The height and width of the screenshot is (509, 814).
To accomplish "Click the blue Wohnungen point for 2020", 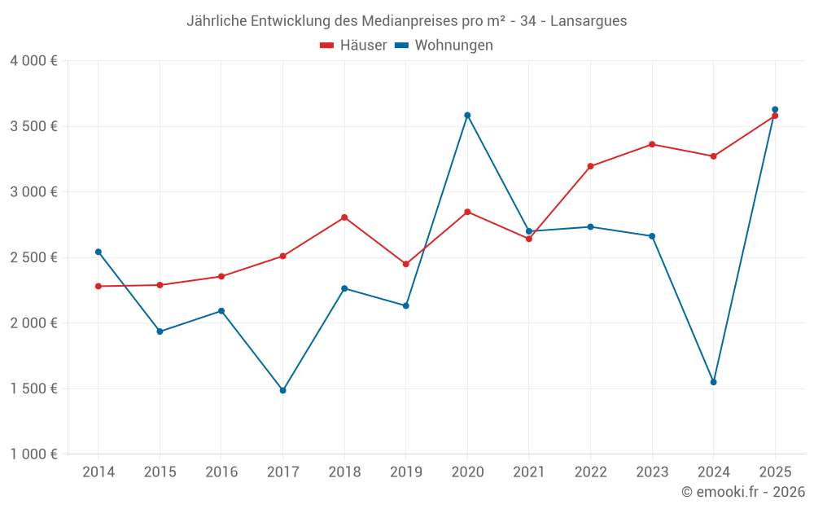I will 467,115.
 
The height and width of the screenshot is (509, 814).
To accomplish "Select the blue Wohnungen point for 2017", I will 282,390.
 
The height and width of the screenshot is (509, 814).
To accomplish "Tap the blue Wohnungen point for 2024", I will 713,382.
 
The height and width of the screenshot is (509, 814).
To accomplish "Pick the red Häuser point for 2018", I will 344,217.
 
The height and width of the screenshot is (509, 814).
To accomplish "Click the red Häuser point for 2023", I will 652,144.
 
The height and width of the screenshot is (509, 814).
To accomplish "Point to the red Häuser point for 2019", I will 405,264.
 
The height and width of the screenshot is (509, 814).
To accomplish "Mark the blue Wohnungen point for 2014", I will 98,252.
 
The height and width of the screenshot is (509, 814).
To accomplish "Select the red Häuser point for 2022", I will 590,166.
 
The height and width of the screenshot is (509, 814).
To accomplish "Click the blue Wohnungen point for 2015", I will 160,331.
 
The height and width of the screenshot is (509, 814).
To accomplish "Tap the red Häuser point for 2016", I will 221,276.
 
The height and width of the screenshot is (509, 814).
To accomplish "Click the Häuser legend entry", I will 353,46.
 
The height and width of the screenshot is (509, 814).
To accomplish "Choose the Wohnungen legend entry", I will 444,46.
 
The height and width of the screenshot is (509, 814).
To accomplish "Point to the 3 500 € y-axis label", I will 33,126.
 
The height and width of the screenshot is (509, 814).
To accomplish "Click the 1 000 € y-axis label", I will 33,454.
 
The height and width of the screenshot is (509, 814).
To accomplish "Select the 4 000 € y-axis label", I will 33,61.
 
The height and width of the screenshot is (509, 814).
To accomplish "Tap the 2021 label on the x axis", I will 528,472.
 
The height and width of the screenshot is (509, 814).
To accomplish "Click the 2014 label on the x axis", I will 98,472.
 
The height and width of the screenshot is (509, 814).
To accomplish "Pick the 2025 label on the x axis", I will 774,472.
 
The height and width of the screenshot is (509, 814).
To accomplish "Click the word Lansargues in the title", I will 589,21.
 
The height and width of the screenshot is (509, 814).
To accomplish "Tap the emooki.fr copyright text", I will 742,492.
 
